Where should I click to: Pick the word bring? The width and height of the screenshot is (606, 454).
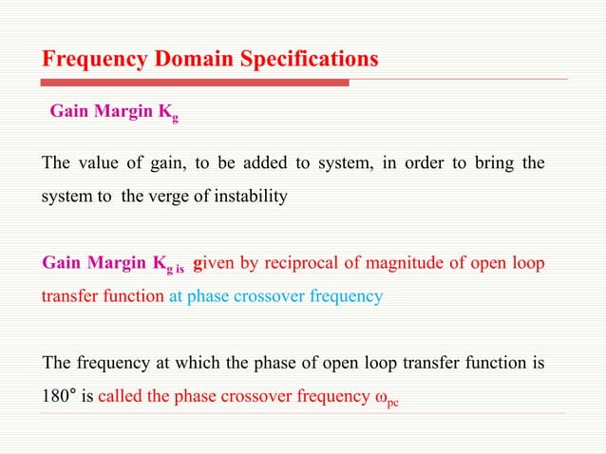[x=491, y=163]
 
